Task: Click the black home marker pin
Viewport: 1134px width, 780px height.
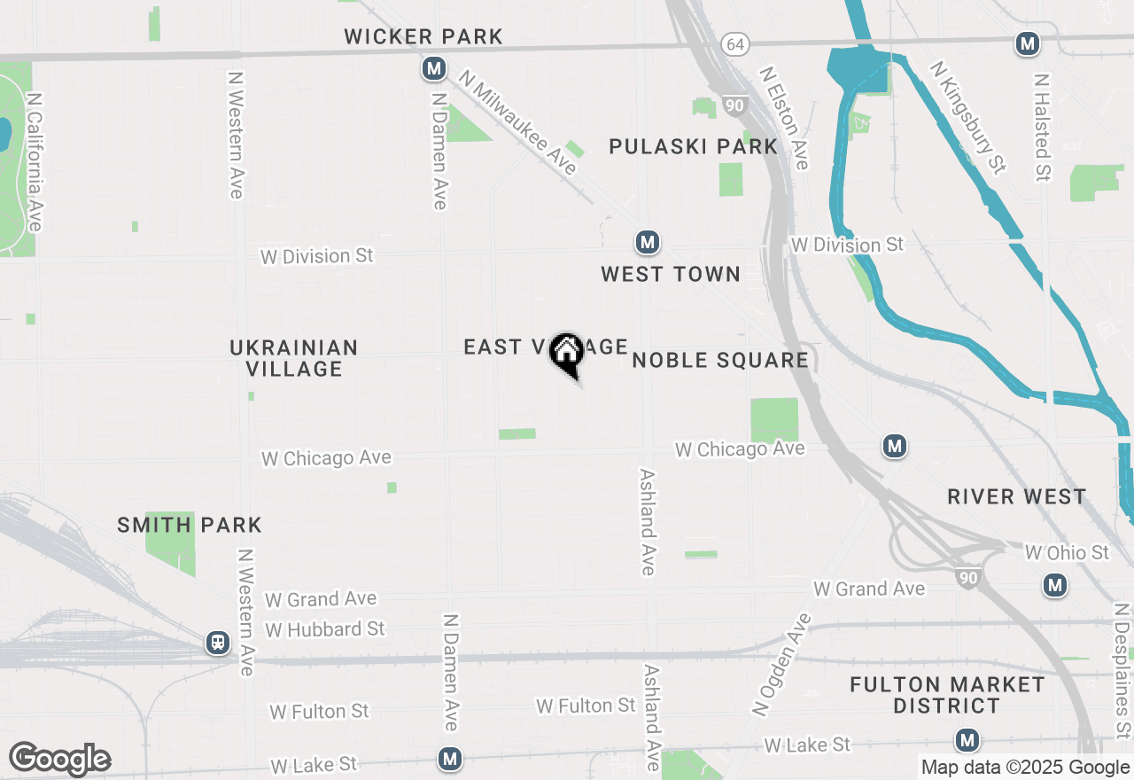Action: tap(567, 354)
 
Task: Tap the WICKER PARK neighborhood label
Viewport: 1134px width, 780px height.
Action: tap(423, 36)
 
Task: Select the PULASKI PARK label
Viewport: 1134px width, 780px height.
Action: tap(694, 147)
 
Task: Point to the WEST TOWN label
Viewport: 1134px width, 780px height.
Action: tap(671, 275)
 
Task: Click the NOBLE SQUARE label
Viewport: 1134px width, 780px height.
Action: tap(720, 360)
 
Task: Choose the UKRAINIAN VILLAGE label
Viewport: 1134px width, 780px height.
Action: tap(294, 358)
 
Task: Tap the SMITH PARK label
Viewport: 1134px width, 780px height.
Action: tap(190, 525)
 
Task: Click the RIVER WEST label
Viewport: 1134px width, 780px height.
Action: tap(1016, 496)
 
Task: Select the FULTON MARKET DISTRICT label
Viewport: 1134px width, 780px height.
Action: tap(947, 695)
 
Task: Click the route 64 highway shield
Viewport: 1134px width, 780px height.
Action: tap(734, 43)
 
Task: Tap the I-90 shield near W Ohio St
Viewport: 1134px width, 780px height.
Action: tap(968, 578)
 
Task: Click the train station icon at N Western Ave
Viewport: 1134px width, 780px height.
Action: tap(218, 643)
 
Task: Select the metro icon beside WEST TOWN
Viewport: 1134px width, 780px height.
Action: tap(648, 242)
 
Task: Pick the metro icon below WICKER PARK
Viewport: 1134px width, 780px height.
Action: tap(433, 67)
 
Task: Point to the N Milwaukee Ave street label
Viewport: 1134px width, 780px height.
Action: tap(518, 123)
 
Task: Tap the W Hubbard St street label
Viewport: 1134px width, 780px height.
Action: tap(325, 629)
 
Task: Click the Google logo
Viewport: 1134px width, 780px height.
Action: tap(60, 759)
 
